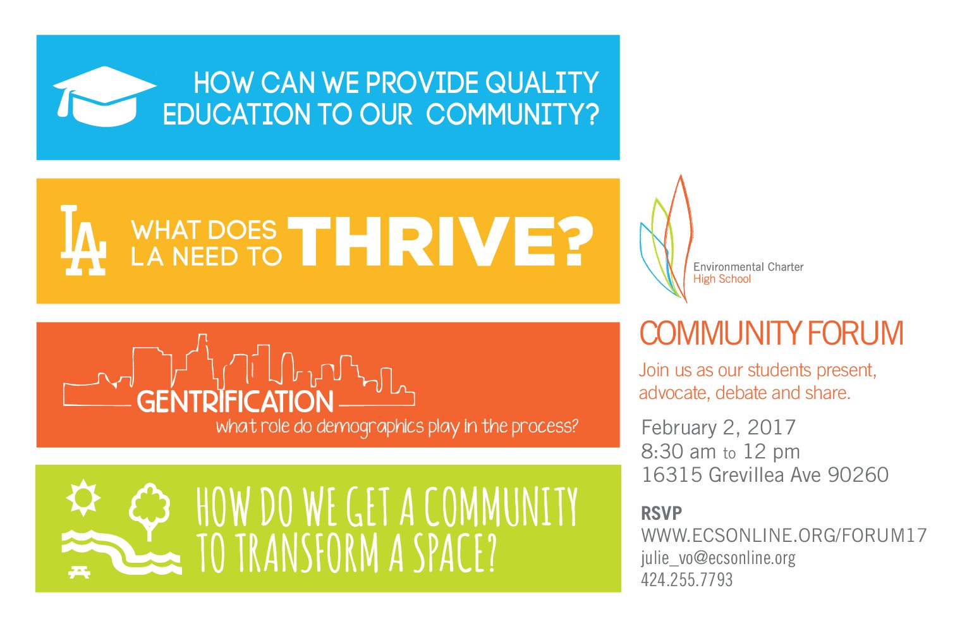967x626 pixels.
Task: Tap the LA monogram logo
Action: coord(82,240)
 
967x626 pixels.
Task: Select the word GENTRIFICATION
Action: coord(235,402)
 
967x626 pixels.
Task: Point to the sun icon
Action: coord(83,497)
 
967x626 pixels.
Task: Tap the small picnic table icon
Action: coord(80,572)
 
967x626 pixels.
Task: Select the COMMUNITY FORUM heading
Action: coord(771,333)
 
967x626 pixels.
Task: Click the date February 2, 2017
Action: coord(718,427)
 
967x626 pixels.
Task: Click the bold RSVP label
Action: coord(661,513)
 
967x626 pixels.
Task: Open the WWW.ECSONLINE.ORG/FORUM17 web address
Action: coord(784,536)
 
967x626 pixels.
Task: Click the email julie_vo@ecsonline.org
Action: coord(718,558)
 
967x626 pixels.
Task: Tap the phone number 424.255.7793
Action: coord(686,579)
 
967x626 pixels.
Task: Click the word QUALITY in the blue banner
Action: coord(542,83)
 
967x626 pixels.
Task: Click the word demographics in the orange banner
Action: coord(370,427)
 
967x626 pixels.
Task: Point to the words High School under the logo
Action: coord(722,279)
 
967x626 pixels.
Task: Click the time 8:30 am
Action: coord(678,451)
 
